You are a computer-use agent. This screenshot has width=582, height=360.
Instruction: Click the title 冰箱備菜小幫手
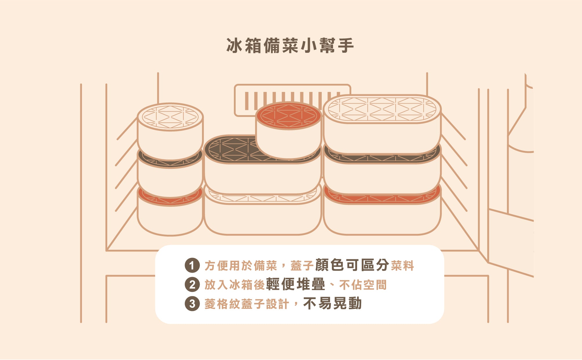(x=290, y=46)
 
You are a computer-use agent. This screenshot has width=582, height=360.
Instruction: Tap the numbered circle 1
(x=192, y=265)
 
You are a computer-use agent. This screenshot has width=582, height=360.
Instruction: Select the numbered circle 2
(x=192, y=285)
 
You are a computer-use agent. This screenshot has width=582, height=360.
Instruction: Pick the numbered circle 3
(x=192, y=304)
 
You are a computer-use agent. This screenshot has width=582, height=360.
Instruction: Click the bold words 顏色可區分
(x=352, y=265)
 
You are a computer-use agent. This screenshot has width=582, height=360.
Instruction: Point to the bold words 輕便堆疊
(x=296, y=284)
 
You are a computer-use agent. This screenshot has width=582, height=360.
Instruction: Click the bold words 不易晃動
(x=332, y=303)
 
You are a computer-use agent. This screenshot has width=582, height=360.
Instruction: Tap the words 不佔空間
(x=363, y=285)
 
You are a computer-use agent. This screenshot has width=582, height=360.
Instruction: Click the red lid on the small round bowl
(x=288, y=115)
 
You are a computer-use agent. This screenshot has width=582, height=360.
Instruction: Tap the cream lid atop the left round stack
(x=170, y=117)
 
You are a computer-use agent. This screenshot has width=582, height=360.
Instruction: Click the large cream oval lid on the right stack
(x=382, y=109)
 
